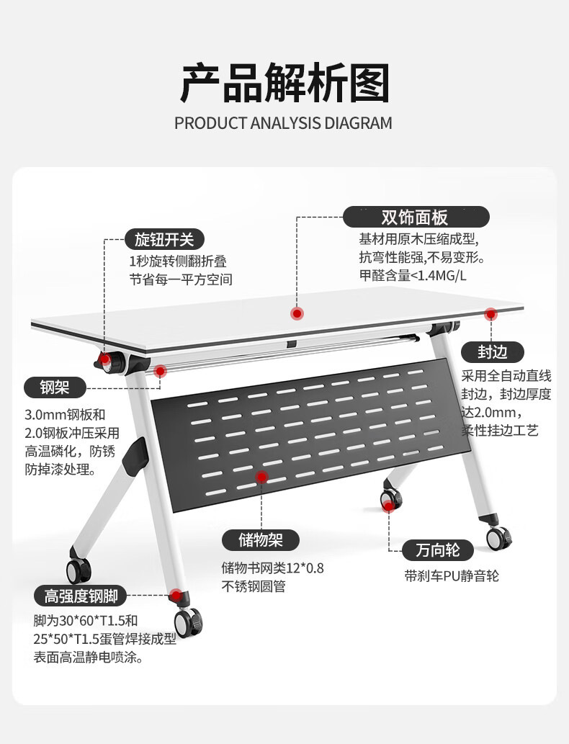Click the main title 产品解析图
[284, 83]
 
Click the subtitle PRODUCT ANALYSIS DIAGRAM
[283, 123]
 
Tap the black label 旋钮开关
[164, 239]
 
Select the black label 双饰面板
[416, 217]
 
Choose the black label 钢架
[55, 387]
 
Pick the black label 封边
[493, 351]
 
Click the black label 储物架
[260, 539]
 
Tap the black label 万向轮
[437, 551]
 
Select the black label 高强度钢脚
[81, 596]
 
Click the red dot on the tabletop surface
[296, 313]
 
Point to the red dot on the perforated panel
[262, 477]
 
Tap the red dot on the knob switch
[106, 358]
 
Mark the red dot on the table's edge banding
[490, 314]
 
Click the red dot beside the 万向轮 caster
[389, 506]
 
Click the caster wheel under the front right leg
[188, 622]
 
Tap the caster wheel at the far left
[78, 569]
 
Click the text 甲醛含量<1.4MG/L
[413, 275]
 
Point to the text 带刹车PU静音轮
[452, 575]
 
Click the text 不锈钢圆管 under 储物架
[254, 586]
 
